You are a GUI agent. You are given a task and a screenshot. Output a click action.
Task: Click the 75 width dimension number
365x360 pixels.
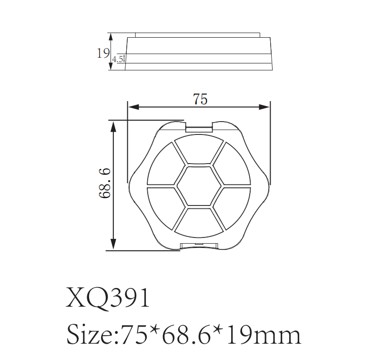200,99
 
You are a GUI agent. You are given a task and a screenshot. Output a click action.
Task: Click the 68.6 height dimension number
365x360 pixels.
105,183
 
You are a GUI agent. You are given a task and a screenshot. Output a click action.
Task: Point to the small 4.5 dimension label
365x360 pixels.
118,60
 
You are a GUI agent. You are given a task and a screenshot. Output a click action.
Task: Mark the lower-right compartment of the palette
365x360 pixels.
233,205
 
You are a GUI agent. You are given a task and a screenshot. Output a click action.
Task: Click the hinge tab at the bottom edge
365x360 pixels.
199,246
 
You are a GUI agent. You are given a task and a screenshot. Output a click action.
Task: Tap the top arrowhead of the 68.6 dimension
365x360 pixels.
113,124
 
